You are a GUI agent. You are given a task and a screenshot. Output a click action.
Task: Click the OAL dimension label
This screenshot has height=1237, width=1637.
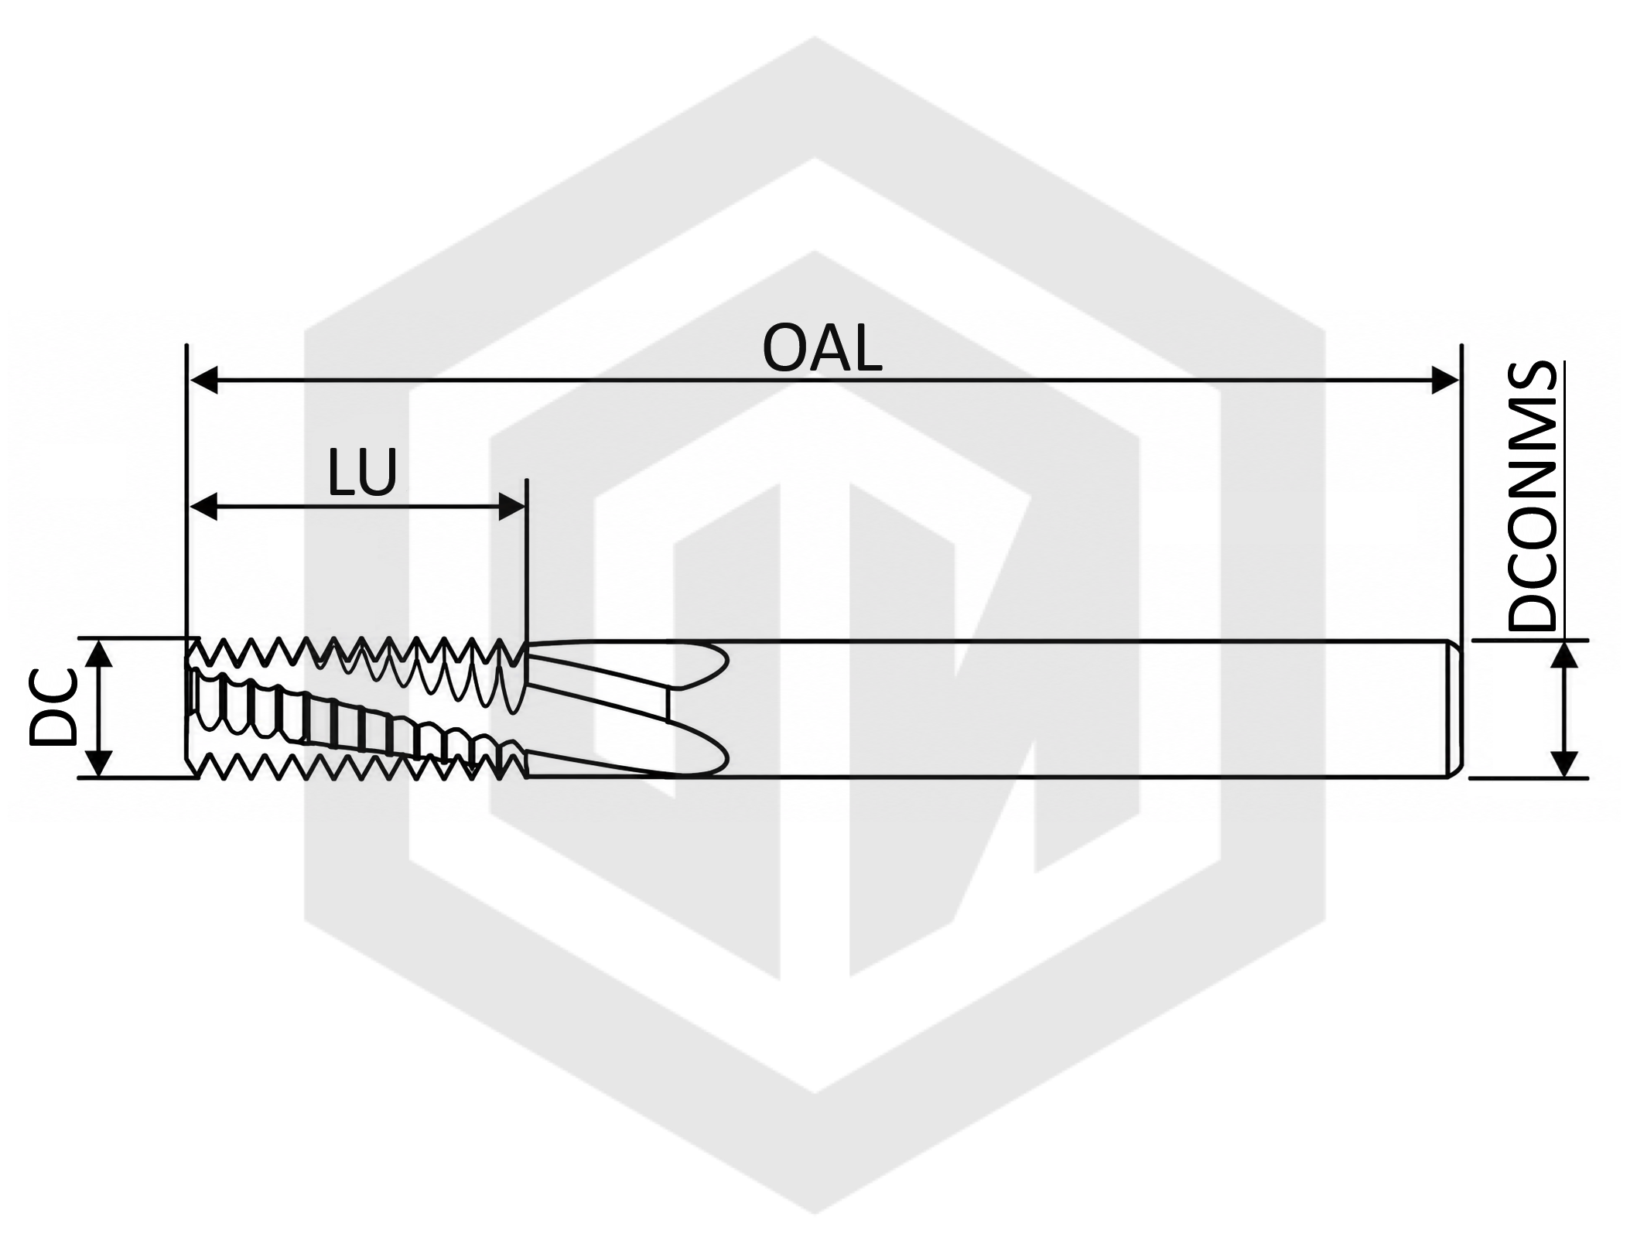pos(822,350)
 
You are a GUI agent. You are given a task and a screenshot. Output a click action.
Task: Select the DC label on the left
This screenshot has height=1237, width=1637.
pos(53,708)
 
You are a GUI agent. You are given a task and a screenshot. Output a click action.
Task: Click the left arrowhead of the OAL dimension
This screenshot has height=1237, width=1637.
pos(203,381)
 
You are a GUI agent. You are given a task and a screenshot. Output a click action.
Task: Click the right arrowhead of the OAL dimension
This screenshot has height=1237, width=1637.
pos(1444,381)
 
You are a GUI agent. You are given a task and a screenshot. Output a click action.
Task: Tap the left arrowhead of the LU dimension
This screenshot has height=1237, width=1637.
pos(203,507)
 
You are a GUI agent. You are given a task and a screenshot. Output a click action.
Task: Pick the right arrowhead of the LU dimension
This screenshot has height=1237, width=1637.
pos(512,507)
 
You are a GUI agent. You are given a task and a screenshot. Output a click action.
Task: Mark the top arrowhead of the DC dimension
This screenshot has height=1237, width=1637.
pos(98,654)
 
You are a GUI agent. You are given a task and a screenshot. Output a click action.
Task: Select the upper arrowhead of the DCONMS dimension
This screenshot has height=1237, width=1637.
pos(1565,655)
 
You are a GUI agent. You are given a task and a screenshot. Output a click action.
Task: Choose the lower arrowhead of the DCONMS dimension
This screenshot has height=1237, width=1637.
pos(1565,764)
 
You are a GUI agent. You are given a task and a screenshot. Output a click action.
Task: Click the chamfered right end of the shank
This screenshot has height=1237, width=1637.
pos(1455,709)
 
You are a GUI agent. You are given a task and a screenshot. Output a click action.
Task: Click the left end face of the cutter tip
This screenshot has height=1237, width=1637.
pos(188,708)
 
